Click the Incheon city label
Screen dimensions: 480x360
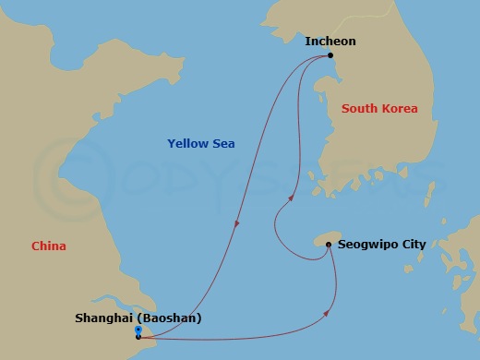[x=330, y=42]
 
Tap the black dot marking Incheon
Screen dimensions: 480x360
[x=330, y=56]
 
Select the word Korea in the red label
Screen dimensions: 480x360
[x=400, y=109]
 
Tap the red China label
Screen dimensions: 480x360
[x=48, y=246]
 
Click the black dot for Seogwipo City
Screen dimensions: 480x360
[x=328, y=245]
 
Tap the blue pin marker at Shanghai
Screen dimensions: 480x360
[x=138, y=330]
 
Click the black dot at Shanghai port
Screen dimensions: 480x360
[x=138, y=337]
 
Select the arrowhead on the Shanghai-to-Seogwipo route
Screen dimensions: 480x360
[x=329, y=316]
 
